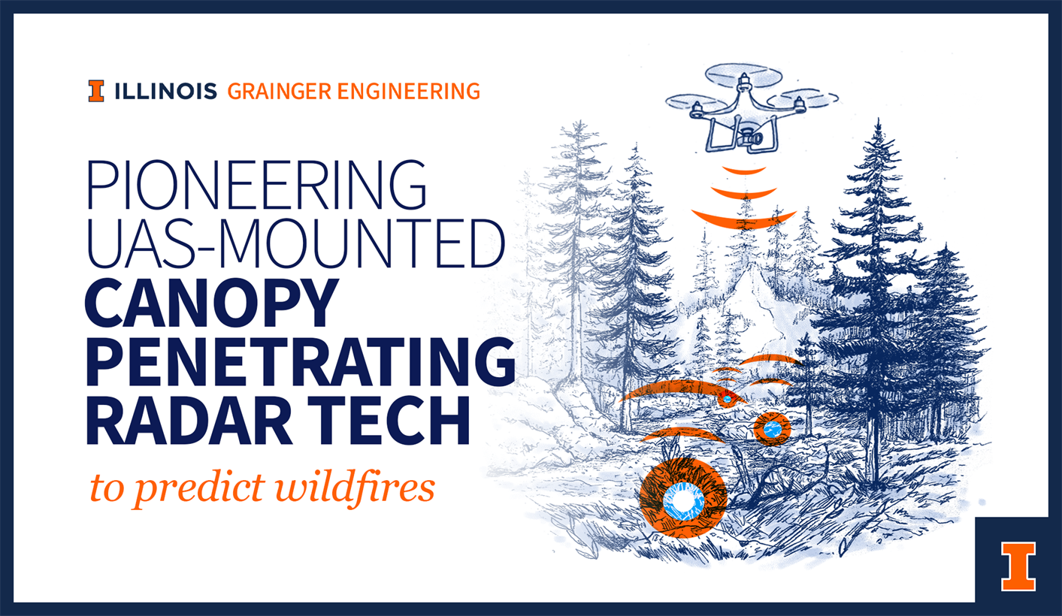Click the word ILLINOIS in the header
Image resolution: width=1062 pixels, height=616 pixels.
(166, 92)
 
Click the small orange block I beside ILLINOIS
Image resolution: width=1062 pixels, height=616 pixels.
(96, 91)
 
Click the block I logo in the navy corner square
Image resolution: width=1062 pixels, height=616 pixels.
(1018, 566)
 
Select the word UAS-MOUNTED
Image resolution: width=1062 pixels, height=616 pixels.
(295, 243)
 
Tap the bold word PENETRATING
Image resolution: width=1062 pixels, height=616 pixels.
(300, 363)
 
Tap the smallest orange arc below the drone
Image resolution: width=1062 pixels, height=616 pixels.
(744, 170)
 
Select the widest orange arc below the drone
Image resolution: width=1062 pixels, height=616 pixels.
(743, 219)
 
